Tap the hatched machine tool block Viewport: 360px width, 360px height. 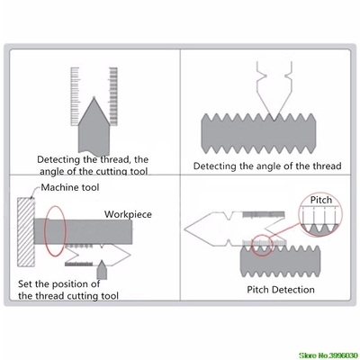click(26, 236)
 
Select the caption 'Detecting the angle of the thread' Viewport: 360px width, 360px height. click(268, 166)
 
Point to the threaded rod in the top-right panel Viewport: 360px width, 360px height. click(267, 134)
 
